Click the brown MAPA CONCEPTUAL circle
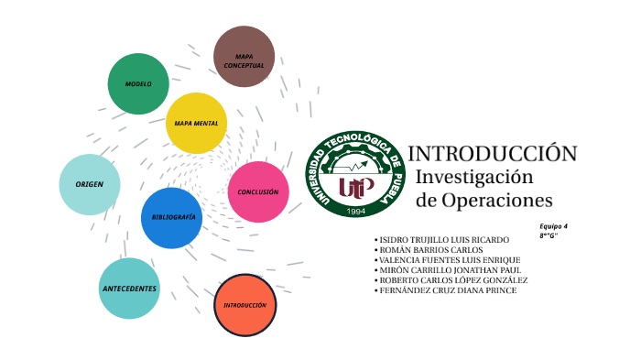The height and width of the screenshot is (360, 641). (244, 57)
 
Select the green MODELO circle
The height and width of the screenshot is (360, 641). (139, 84)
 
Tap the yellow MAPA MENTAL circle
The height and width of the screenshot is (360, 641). (196, 123)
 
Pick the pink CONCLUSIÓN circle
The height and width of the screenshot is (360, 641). (258, 191)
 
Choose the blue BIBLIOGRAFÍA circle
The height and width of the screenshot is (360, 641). (171, 218)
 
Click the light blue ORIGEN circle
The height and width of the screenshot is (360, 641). (90, 184)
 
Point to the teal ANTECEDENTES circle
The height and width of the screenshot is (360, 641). (130, 289)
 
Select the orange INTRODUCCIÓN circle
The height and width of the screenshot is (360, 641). (244, 304)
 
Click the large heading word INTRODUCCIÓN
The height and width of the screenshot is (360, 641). (493, 153)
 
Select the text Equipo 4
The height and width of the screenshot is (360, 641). (553, 226)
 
